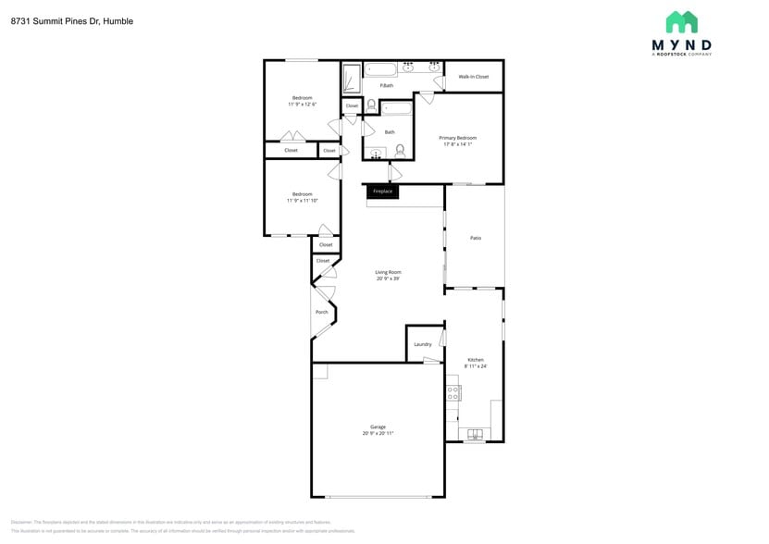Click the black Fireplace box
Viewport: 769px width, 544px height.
click(x=382, y=192)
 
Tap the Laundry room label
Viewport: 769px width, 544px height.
click(x=423, y=344)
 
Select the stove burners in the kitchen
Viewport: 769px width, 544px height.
click(x=453, y=393)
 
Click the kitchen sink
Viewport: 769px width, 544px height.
click(x=475, y=434)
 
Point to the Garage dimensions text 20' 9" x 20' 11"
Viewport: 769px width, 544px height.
click(x=378, y=433)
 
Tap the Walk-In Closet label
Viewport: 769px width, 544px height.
click(x=474, y=77)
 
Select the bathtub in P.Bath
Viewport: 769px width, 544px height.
click(x=379, y=68)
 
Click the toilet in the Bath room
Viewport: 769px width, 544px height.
click(x=400, y=150)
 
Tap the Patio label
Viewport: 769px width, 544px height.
click(x=476, y=238)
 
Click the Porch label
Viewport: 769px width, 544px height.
click(x=322, y=312)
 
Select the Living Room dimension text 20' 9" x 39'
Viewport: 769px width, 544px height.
click(x=388, y=278)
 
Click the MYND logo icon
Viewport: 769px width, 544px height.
click(x=682, y=22)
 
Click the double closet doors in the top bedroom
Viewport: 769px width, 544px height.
click(x=293, y=137)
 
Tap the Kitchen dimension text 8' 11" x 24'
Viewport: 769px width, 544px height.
click(x=476, y=366)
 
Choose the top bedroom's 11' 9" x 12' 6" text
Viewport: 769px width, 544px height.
click(x=302, y=105)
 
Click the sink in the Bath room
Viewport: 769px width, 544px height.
click(x=376, y=154)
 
